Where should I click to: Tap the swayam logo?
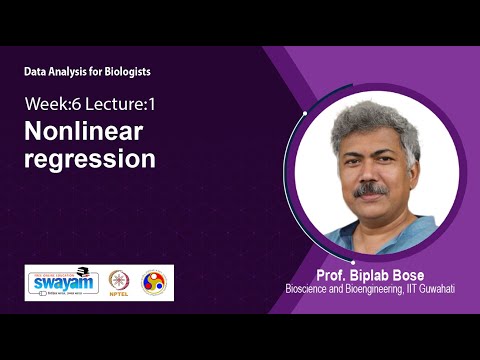[x=61, y=282]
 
